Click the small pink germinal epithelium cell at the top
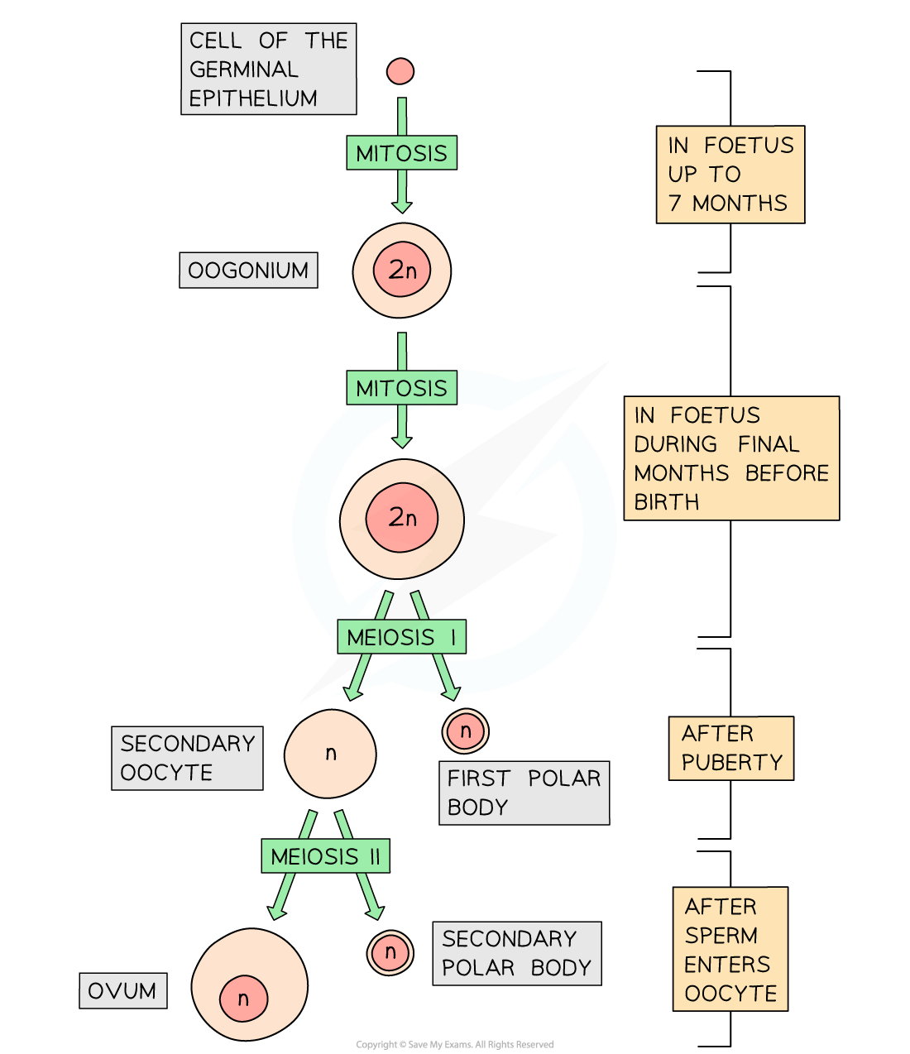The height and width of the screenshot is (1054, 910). pos(400,71)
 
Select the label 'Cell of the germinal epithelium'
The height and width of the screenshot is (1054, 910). pos(268,69)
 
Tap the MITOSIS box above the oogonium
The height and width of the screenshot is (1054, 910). pos(401,153)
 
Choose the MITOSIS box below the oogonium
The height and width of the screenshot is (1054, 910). pos(401,388)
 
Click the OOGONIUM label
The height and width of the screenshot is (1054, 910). pos(248,271)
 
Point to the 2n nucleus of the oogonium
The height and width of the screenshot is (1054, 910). pos(402,270)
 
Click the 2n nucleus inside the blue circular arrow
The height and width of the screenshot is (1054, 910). pos(402,518)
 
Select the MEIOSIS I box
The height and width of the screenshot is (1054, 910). pos(401,637)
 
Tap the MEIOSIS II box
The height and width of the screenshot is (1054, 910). pos(325,856)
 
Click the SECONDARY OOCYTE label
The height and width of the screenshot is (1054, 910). pos(187,758)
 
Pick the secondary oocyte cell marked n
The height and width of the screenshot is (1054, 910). pos(330,754)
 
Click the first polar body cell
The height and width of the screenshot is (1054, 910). pos(465,731)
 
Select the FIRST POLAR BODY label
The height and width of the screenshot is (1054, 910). pos(524,793)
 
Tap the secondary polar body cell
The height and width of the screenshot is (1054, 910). pos(390,952)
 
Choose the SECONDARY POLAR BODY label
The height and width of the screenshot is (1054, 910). pos(516,953)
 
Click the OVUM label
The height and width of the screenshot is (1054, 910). pos(122,990)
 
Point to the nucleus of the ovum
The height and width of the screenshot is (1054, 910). pos(243,999)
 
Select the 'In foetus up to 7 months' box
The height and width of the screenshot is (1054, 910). pos(730,175)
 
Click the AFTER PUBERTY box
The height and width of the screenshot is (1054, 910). pos(730,748)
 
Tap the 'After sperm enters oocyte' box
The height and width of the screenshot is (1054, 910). pos(730,949)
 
